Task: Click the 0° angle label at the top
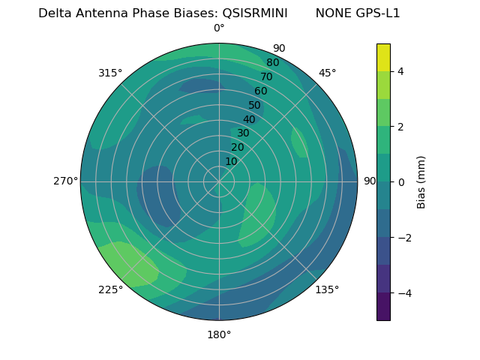pos(219,28)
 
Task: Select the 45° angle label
pos(327,73)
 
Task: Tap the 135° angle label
pos(327,289)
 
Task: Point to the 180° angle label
pos(219,334)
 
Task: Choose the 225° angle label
pos(110,289)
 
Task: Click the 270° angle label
pos(65,181)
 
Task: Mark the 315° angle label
pos(110,73)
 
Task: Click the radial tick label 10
pos(232,161)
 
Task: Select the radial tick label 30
pos(243,133)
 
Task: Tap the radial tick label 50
pos(255,106)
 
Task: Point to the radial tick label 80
pos(272,63)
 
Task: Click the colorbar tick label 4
pos(400,71)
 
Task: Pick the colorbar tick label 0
pos(400,182)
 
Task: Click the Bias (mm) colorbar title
pos(421,182)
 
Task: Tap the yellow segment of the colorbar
pos(383,57)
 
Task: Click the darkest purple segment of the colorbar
pos(383,307)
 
